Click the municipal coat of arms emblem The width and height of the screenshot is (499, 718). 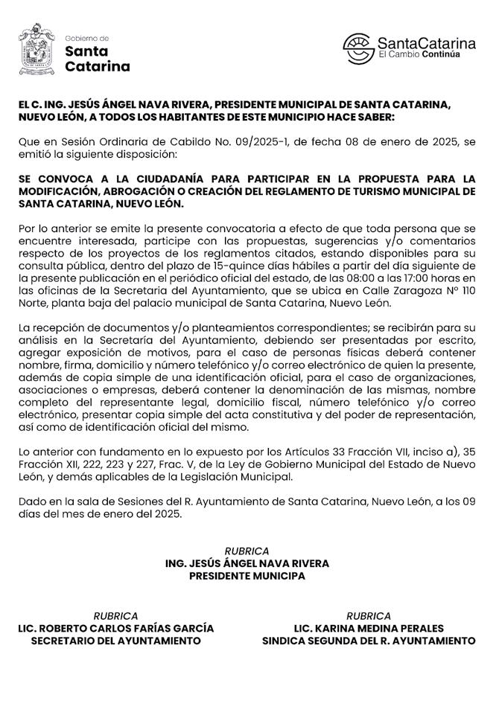pos(36,49)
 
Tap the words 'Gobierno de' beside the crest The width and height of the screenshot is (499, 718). pos(87,38)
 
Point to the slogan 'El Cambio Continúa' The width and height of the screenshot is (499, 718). pos(419,55)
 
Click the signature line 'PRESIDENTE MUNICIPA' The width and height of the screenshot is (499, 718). pos(247,576)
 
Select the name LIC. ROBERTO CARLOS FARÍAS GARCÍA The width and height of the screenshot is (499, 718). pos(115,628)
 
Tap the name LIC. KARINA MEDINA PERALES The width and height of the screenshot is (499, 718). pos(369,628)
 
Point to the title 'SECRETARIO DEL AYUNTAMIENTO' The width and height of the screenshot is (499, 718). pos(115,641)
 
